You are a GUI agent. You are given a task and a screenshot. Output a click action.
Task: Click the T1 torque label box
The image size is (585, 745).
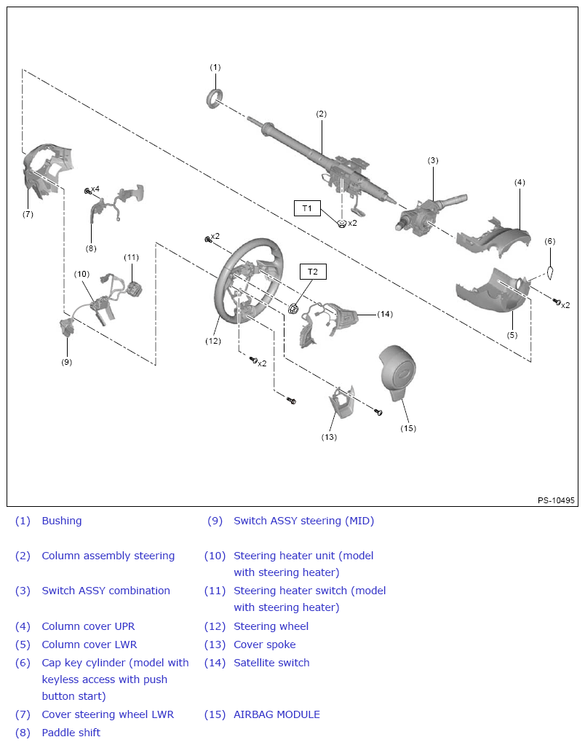[307, 208]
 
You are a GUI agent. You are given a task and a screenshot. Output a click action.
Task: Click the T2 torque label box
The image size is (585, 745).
[313, 272]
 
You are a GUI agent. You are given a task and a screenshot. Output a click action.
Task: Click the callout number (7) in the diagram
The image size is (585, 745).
[28, 214]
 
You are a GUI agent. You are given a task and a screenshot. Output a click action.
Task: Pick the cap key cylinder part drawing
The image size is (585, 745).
[551, 273]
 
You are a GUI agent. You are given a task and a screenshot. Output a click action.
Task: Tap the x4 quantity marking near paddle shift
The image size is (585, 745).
[95, 189]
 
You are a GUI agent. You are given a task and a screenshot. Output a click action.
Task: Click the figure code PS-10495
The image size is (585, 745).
[556, 500]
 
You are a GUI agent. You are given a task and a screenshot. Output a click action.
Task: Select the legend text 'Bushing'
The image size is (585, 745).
[62, 521]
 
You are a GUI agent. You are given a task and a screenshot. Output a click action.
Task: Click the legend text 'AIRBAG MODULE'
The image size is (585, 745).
[276, 714]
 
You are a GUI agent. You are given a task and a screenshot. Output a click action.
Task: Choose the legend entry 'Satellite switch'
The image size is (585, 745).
[271, 663]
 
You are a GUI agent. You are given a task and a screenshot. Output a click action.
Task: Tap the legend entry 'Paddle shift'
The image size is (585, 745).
[71, 733]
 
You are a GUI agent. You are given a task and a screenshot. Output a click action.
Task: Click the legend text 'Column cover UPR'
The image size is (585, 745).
[88, 626]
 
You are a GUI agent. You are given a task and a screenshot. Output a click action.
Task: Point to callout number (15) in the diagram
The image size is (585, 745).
[408, 428]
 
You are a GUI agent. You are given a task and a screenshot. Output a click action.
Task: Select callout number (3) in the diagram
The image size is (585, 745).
[433, 160]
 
